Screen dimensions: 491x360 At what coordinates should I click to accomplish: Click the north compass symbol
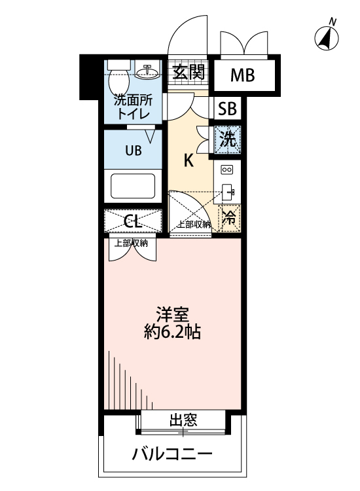tap(326, 38)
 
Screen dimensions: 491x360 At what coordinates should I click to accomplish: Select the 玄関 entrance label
tap(188, 71)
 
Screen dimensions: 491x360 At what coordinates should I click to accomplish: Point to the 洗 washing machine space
tap(227, 139)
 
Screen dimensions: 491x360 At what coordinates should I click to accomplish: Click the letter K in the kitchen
tap(188, 160)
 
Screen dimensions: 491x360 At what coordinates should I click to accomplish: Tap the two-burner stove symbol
tap(227, 170)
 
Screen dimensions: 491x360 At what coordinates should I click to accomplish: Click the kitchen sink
tap(228, 192)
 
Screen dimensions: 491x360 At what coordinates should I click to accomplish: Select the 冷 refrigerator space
tap(228, 217)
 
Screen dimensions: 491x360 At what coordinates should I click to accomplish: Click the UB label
tap(133, 150)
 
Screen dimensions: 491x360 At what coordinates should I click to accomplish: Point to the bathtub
tap(133, 185)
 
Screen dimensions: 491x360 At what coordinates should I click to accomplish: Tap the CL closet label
tap(133, 220)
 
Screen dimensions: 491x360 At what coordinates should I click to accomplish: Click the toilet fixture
tap(118, 79)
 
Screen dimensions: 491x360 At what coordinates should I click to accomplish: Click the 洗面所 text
tap(133, 101)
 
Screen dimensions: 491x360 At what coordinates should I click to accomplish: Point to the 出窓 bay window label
tap(184, 420)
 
